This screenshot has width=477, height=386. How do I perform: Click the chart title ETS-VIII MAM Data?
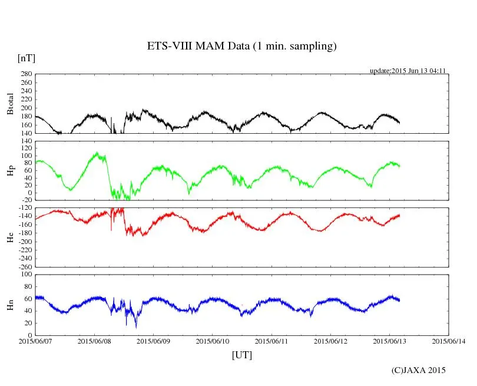(241, 47)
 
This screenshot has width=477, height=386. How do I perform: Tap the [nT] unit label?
(26, 58)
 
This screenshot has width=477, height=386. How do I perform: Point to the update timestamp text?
(407, 71)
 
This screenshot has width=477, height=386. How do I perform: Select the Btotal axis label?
(10, 104)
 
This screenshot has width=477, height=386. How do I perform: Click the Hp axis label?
(10, 171)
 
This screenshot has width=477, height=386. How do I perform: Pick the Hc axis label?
(10, 237)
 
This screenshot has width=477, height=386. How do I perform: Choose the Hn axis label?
(10, 305)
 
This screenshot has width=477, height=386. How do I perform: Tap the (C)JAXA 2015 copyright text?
(419, 370)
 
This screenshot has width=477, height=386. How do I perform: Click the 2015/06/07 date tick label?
(35, 341)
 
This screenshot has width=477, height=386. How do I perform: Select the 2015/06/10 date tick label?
(213, 341)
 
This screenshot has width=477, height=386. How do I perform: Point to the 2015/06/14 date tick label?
(449, 341)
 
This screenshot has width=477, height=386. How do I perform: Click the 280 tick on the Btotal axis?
(26, 74)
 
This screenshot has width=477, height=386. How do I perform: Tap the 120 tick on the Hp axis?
(26, 141)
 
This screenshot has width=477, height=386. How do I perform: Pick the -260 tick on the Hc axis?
(25, 266)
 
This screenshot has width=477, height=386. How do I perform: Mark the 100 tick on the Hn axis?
(26, 275)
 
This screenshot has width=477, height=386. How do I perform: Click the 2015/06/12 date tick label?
(331, 341)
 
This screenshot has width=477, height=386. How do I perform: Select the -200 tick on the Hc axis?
(25, 242)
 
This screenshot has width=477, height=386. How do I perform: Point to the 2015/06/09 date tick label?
(154, 341)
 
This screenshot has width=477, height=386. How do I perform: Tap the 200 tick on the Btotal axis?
(26, 108)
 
